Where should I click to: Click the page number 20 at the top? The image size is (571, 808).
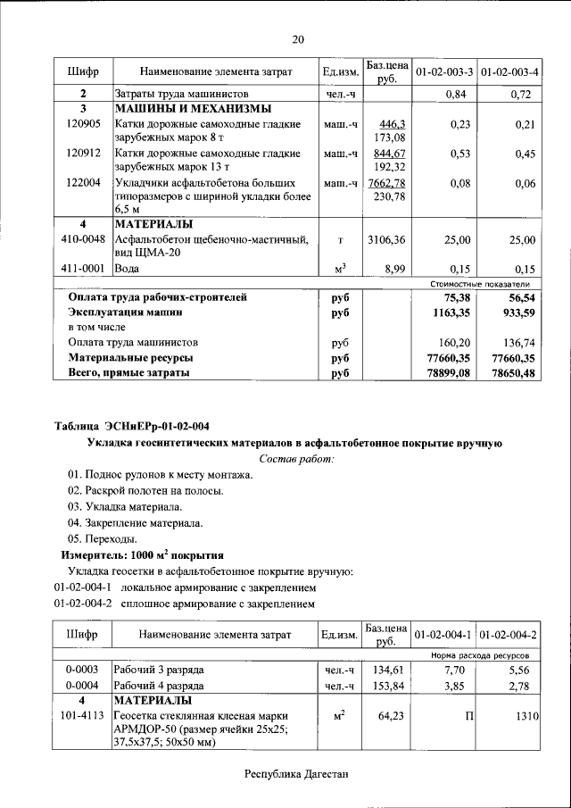coord(298,38)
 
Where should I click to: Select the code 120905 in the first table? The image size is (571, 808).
coord(83,124)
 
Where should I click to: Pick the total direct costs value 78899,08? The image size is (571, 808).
coord(449,374)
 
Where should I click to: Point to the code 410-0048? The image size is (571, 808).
coord(83,239)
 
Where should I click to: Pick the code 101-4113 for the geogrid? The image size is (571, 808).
coord(83,716)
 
